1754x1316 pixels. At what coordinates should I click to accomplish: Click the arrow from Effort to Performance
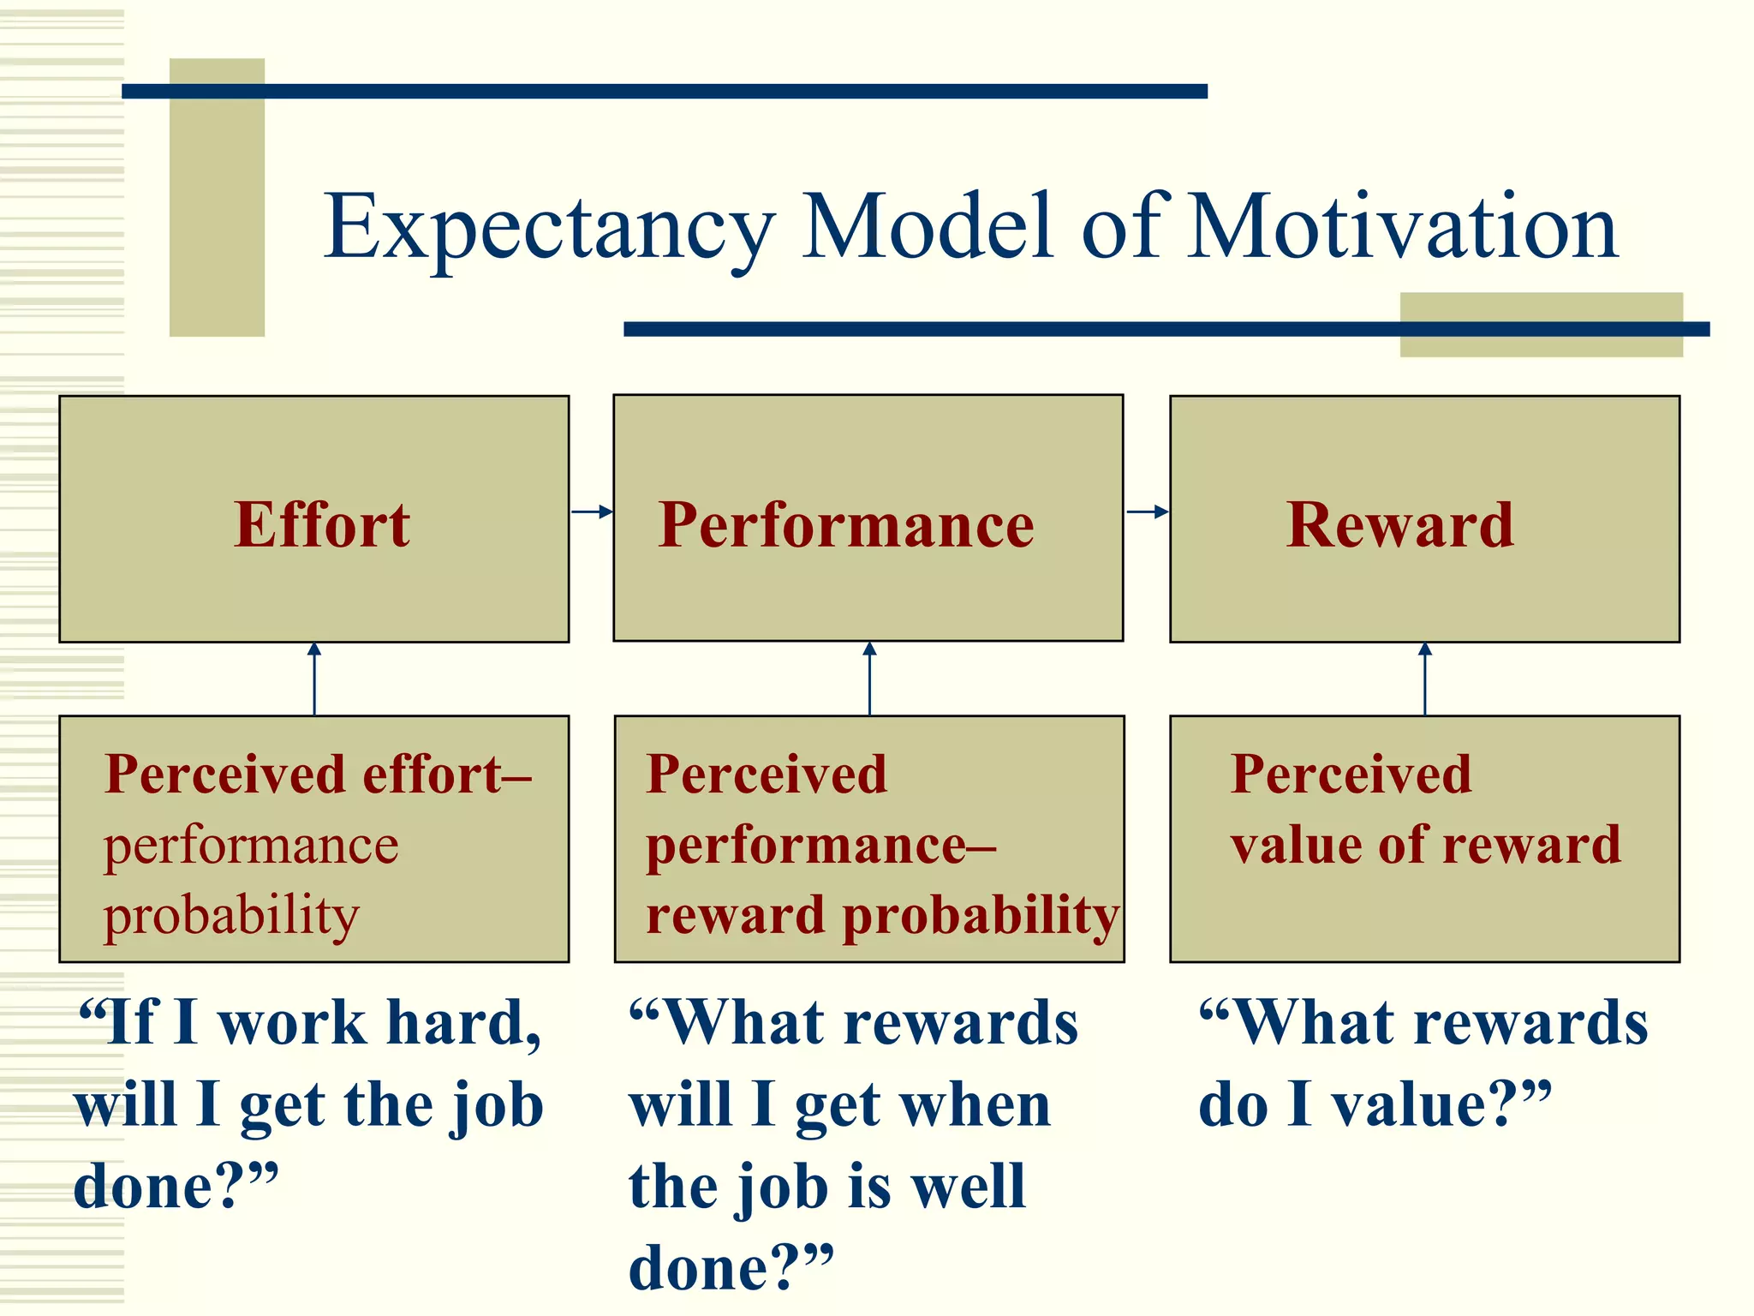click(592, 511)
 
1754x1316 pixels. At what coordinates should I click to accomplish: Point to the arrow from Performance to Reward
click(1147, 511)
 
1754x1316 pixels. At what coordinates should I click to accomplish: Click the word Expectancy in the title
click(548, 227)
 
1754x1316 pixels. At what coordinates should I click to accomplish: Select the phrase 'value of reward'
click(1425, 845)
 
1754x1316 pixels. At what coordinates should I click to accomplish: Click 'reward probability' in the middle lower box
click(882, 915)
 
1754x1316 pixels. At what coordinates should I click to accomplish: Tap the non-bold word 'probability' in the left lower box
click(231, 915)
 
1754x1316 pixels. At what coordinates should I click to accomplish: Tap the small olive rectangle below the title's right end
click(1541, 343)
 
